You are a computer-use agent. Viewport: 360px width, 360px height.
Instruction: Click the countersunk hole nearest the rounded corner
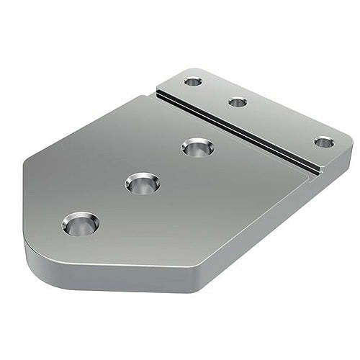[x=81, y=225]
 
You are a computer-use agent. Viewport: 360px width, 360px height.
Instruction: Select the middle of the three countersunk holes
[x=142, y=183]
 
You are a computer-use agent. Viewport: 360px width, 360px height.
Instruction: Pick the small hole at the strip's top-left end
[x=192, y=81]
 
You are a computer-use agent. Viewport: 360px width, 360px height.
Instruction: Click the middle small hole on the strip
[x=238, y=102]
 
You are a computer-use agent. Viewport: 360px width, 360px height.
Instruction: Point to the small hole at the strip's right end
[x=324, y=142]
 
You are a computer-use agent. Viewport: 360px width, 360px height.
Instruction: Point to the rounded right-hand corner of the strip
[x=346, y=148]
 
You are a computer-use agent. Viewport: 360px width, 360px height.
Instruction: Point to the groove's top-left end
[x=158, y=91]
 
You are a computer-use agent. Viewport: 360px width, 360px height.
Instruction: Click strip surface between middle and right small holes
[x=281, y=122]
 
